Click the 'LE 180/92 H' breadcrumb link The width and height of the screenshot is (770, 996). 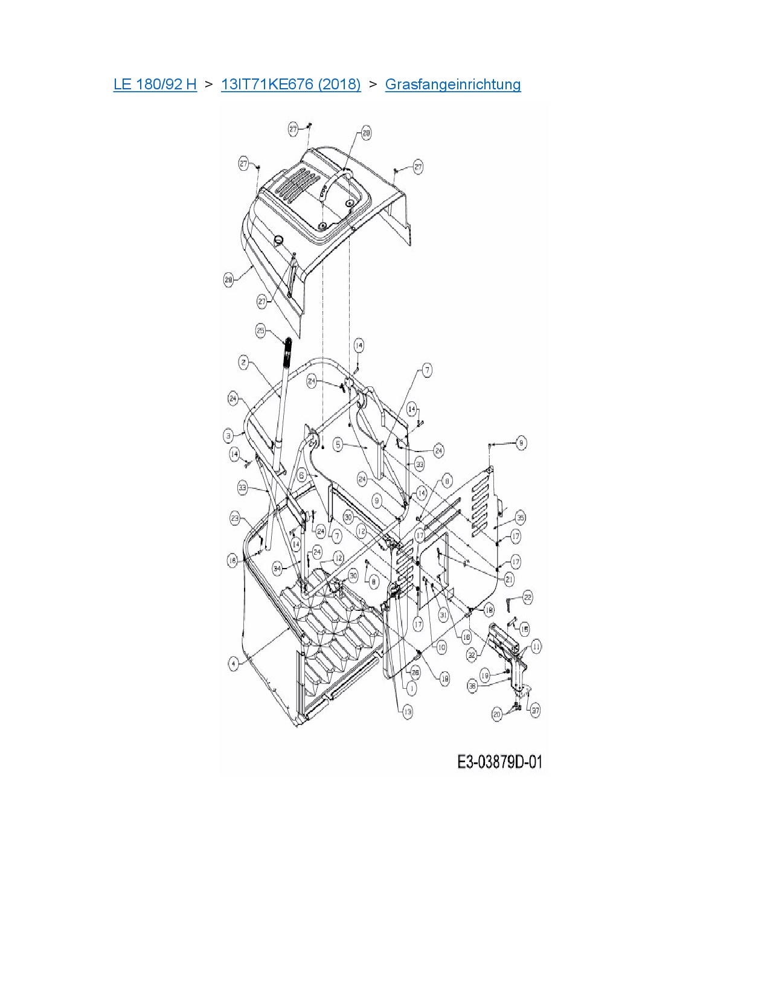pyautogui.click(x=155, y=85)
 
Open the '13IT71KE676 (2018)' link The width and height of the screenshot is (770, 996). pyautogui.click(x=290, y=85)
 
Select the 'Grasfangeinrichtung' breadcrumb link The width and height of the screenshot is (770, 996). pyautogui.click(x=452, y=85)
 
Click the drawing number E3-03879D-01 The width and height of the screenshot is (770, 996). pyautogui.click(x=499, y=762)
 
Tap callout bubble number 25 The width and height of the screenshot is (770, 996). pyautogui.click(x=261, y=330)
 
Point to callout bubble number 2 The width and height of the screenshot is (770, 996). pyautogui.click(x=243, y=362)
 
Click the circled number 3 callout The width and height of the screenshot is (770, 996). pyautogui.click(x=228, y=435)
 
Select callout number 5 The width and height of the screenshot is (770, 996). pyautogui.click(x=338, y=444)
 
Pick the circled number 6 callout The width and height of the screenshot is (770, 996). pyautogui.click(x=302, y=476)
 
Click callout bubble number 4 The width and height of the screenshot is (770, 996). pyautogui.click(x=234, y=664)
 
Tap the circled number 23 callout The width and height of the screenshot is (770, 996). pyautogui.click(x=235, y=518)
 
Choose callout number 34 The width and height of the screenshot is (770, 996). pyautogui.click(x=277, y=568)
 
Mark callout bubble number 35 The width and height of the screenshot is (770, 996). pyautogui.click(x=520, y=517)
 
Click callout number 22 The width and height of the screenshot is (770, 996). pyautogui.click(x=527, y=597)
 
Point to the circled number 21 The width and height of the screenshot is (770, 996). pyautogui.click(x=509, y=579)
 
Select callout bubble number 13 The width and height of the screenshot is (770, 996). pyautogui.click(x=408, y=712)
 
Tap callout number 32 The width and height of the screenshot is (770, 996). pyautogui.click(x=472, y=654)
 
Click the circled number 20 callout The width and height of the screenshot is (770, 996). pyautogui.click(x=497, y=714)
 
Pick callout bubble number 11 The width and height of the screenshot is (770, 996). pyautogui.click(x=536, y=646)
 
